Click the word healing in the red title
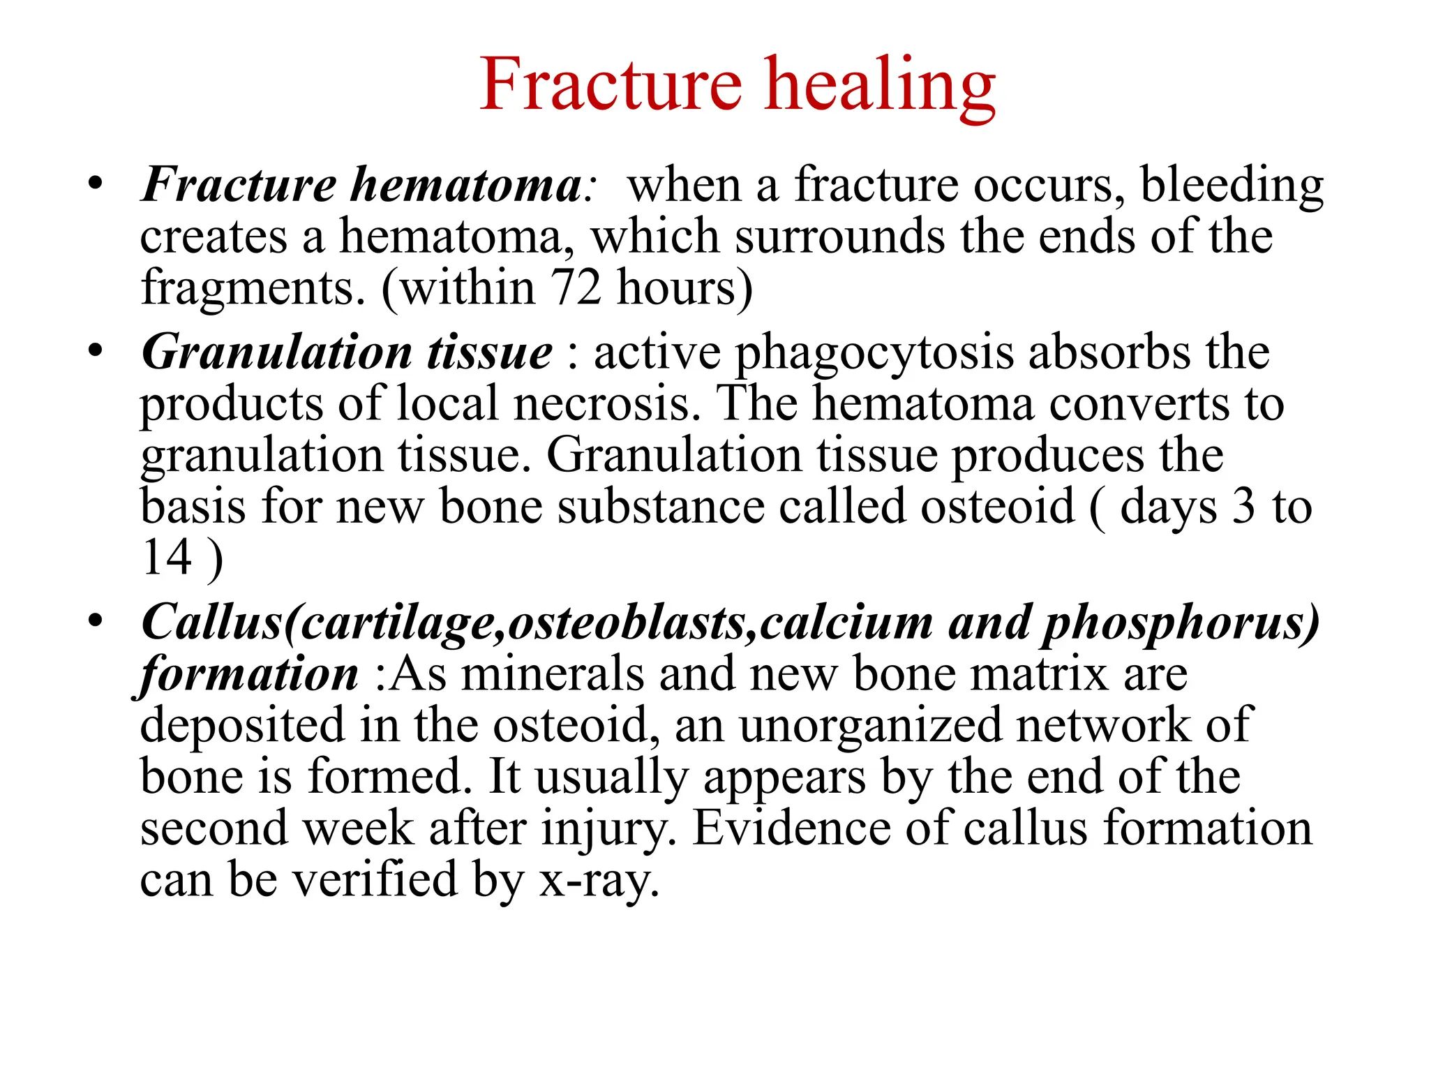coord(880,85)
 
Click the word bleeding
coord(1232,186)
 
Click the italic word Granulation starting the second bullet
coord(276,352)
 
